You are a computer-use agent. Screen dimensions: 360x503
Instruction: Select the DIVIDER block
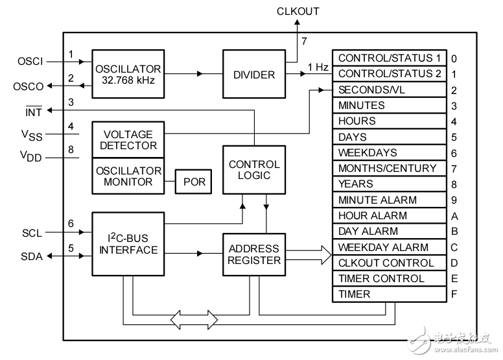point(253,74)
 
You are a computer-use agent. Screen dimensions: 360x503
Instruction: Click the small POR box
point(194,182)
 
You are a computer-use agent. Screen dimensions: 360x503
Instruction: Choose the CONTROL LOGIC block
point(253,169)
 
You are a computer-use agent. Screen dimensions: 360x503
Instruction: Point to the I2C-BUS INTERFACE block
point(128,243)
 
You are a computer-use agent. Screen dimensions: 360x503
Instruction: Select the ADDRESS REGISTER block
point(253,254)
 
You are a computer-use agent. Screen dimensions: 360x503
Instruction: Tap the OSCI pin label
point(31,62)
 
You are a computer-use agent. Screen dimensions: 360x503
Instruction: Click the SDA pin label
point(31,256)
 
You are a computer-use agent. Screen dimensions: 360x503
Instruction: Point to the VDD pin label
point(31,157)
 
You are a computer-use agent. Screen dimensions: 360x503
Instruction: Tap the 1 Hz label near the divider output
point(318,67)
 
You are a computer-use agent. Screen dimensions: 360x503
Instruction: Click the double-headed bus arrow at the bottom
point(194,318)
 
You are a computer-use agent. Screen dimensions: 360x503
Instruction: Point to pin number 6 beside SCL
point(71,223)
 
